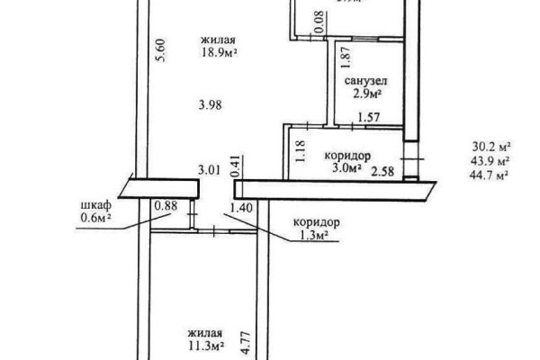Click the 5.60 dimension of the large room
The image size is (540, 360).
[x=161, y=50]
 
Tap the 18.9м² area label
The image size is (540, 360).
[x=220, y=53]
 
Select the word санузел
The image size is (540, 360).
[x=365, y=81]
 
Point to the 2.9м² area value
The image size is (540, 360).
[x=367, y=94]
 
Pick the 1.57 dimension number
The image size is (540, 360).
[x=369, y=118]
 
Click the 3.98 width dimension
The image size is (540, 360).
[x=210, y=104]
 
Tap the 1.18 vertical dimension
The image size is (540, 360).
[x=300, y=151]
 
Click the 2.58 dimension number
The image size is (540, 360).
[x=382, y=171]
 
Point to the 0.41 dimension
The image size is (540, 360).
[x=236, y=166]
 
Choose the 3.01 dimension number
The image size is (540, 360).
[x=209, y=170]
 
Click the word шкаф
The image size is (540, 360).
[x=96, y=205]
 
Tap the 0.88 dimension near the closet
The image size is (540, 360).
[x=166, y=206]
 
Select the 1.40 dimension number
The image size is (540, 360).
[x=241, y=208]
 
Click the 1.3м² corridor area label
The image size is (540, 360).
[x=312, y=235]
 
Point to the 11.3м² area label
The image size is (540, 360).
[x=207, y=346]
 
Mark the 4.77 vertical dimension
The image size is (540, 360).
[x=245, y=343]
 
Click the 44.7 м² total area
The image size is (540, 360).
[x=490, y=175]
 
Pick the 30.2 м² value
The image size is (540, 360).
[x=490, y=147]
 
